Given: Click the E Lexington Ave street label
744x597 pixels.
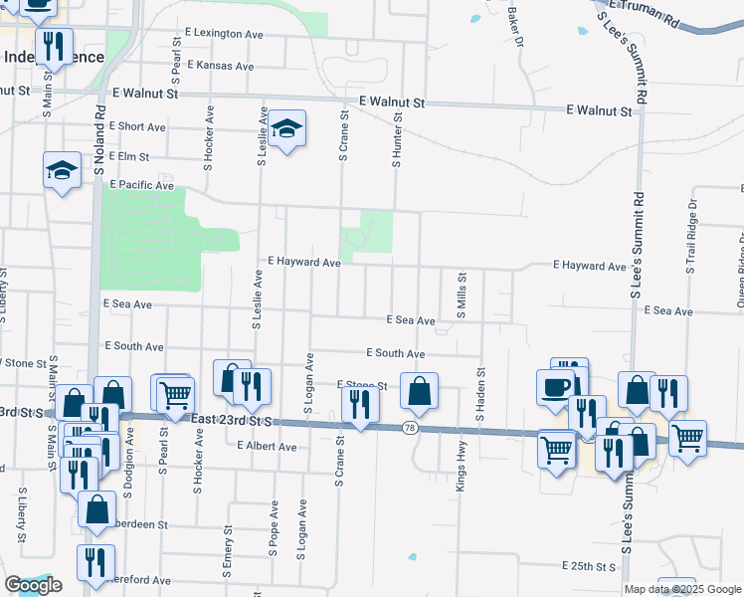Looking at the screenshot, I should coord(224,33).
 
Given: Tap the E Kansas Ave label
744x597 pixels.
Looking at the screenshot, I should coord(220,66).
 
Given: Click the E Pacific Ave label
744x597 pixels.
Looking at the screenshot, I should coord(142,185).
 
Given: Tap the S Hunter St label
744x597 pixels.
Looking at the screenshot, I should coord(397,139).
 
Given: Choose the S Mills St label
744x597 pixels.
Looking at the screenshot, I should coord(461,296).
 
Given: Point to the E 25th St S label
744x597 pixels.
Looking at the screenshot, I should coord(590,566).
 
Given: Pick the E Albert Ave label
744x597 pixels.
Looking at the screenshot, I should coord(267,447).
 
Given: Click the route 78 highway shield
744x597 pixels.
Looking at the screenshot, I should coord(410,428).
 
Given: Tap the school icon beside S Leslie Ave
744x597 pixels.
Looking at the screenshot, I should coord(286,128).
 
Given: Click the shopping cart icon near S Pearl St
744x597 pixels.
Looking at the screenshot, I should coord(175,393).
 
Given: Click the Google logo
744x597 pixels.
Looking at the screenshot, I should coord(34,585).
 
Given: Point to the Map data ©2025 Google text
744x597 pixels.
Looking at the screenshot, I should coord(682,589).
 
